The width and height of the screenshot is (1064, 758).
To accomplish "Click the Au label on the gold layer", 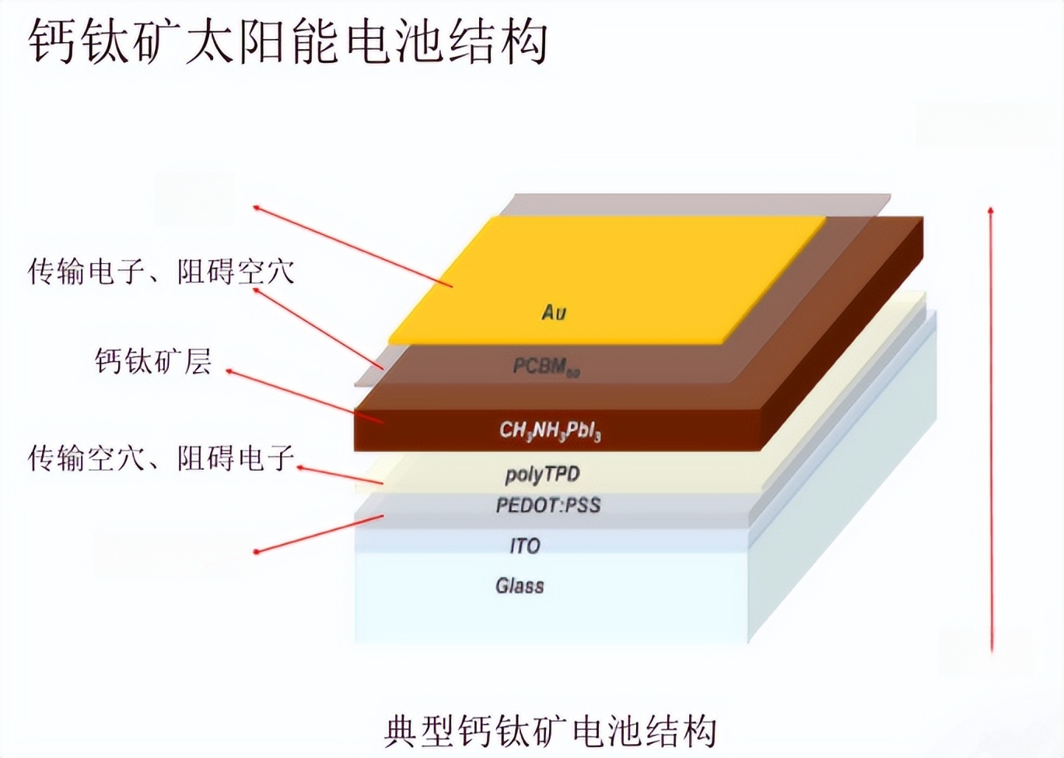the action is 554,312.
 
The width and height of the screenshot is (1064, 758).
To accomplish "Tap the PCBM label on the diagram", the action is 546,367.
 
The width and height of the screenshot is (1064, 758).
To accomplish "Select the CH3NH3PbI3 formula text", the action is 550,430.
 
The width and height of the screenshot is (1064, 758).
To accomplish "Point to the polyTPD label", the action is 542,474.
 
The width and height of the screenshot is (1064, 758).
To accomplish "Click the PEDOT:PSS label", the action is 548,505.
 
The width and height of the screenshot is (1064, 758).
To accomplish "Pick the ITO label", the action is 525,546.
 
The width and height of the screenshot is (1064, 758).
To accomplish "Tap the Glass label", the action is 520,585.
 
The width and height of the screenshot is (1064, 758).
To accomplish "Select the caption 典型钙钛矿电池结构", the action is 550,732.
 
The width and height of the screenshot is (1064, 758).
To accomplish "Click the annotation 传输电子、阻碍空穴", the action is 162,272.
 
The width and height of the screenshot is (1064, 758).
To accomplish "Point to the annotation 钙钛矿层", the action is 153,361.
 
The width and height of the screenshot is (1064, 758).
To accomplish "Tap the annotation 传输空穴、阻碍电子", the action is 162,458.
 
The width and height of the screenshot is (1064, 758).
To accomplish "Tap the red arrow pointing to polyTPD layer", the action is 340,476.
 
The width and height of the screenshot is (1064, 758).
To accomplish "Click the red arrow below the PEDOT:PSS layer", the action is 319,534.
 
